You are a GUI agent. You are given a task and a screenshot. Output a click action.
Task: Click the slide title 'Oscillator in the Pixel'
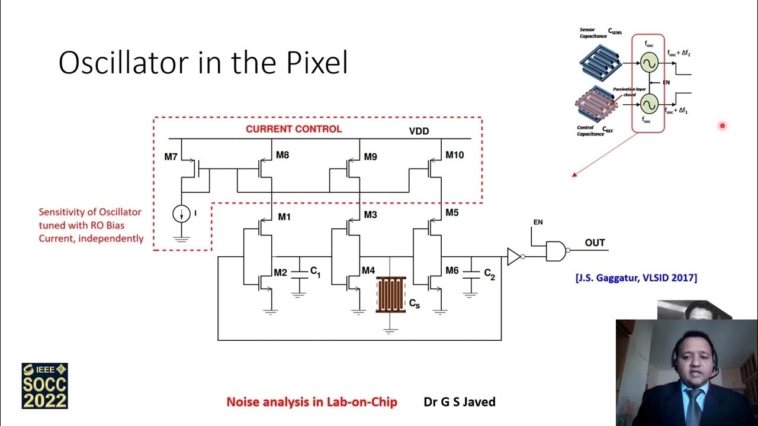[203, 63]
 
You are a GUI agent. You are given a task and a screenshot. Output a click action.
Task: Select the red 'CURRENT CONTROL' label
[294, 129]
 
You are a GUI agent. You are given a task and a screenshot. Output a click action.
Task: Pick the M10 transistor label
[455, 155]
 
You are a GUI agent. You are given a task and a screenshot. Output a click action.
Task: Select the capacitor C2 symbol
[471, 272]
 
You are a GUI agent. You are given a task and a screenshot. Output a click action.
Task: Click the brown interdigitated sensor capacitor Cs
[390, 293]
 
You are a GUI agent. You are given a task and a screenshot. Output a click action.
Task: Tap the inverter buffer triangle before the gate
[514, 257]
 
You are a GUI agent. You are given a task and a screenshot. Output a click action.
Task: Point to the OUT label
[595, 243]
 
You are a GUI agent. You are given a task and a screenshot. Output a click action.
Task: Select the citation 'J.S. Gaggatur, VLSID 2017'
[636, 277]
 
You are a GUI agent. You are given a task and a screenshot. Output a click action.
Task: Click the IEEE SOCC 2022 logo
[45, 386]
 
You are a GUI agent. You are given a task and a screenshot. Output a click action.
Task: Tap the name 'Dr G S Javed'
[460, 402]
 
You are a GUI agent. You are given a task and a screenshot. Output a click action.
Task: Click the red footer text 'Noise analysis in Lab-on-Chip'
[311, 402]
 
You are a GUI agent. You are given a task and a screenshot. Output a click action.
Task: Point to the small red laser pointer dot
[722, 125]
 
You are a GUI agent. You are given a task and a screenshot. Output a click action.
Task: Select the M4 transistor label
[368, 270]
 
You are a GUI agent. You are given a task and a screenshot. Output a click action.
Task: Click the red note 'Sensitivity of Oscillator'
[90, 212]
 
